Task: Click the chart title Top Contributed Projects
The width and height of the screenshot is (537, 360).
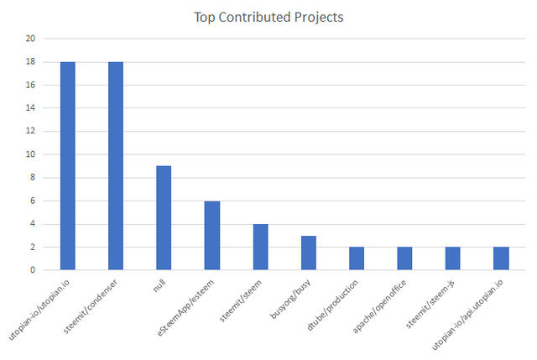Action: [268, 17]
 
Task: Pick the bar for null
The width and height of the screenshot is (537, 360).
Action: [164, 218]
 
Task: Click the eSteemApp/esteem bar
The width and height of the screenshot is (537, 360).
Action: [212, 236]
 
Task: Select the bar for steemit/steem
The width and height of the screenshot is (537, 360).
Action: [260, 248]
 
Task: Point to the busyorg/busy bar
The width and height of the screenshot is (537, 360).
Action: [309, 253]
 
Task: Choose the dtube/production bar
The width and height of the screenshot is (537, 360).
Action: [357, 259]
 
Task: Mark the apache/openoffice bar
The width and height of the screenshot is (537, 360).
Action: [405, 259]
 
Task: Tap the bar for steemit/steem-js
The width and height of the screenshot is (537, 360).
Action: [453, 259]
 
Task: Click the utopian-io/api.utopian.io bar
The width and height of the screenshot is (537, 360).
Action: [502, 259]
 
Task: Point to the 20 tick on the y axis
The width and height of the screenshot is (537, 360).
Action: [30, 39]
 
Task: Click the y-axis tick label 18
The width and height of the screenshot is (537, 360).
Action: [30, 62]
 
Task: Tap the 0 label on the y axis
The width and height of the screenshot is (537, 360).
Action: [33, 270]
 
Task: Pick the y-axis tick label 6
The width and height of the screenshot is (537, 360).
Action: [33, 201]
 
